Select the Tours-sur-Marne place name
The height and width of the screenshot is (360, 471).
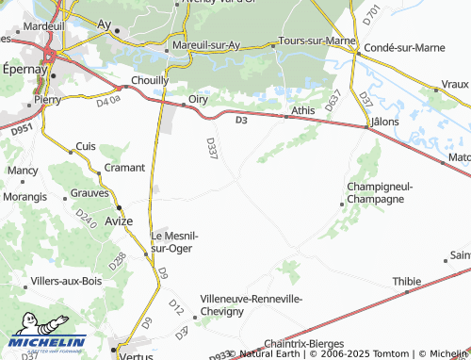pyautogui.click(x=313, y=42)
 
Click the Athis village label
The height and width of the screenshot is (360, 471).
pyautogui.click(x=303, y=110)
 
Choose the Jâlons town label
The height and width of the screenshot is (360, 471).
pyautogui.click(x=386, y=122)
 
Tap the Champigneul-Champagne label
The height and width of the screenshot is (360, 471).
pyautogui.click(x=382, y=192)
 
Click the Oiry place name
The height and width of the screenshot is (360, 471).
pyautogui.click(x=198, y=97)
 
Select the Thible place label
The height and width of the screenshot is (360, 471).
pyautogui.click(x=407, y=281)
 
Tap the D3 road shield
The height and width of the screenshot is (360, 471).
pyautogui.click(x=241, y=120)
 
